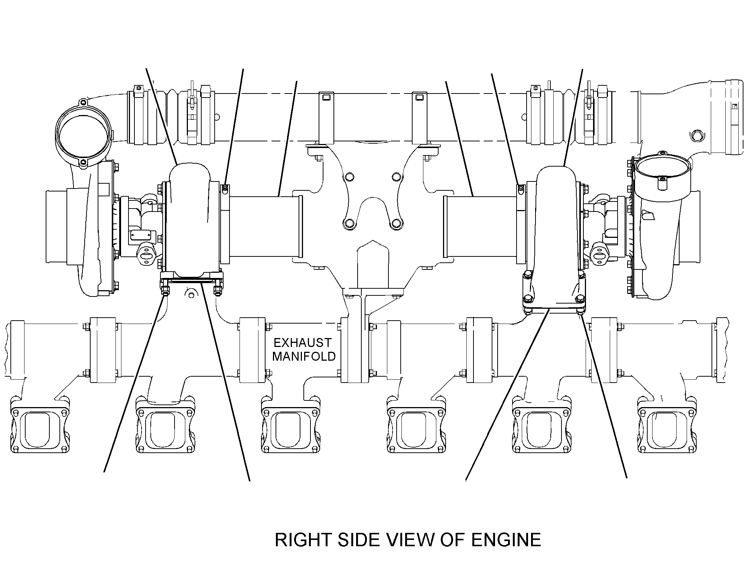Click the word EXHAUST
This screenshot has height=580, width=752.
pyautogui.click(x=303, y=342)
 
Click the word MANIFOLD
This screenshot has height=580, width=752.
pyautogui.click(x=304, y=357)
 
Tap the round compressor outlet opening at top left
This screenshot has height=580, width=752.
pyautogui.click(x=84, y=135)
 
